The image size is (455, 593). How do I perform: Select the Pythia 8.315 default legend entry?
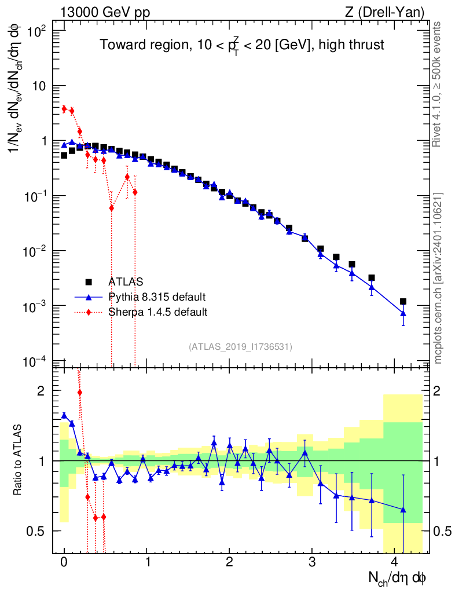[x=156, y=297]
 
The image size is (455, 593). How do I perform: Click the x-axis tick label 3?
[x=312, y=562]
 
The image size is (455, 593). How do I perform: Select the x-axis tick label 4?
[x=395, y=562]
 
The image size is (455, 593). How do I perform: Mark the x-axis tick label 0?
[x=64, y=562]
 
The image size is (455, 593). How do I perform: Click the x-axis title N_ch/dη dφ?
[x=398, y=578]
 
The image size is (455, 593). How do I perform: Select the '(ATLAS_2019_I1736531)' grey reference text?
[x=240, y=347]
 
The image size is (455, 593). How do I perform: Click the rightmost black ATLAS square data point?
[x=403, y=302]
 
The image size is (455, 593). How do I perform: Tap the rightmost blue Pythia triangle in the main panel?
[x=403, y=313]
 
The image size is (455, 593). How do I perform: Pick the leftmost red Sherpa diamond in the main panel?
[x=64, y=109]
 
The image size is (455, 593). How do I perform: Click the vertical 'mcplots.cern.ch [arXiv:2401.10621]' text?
[x=439, y=279]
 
